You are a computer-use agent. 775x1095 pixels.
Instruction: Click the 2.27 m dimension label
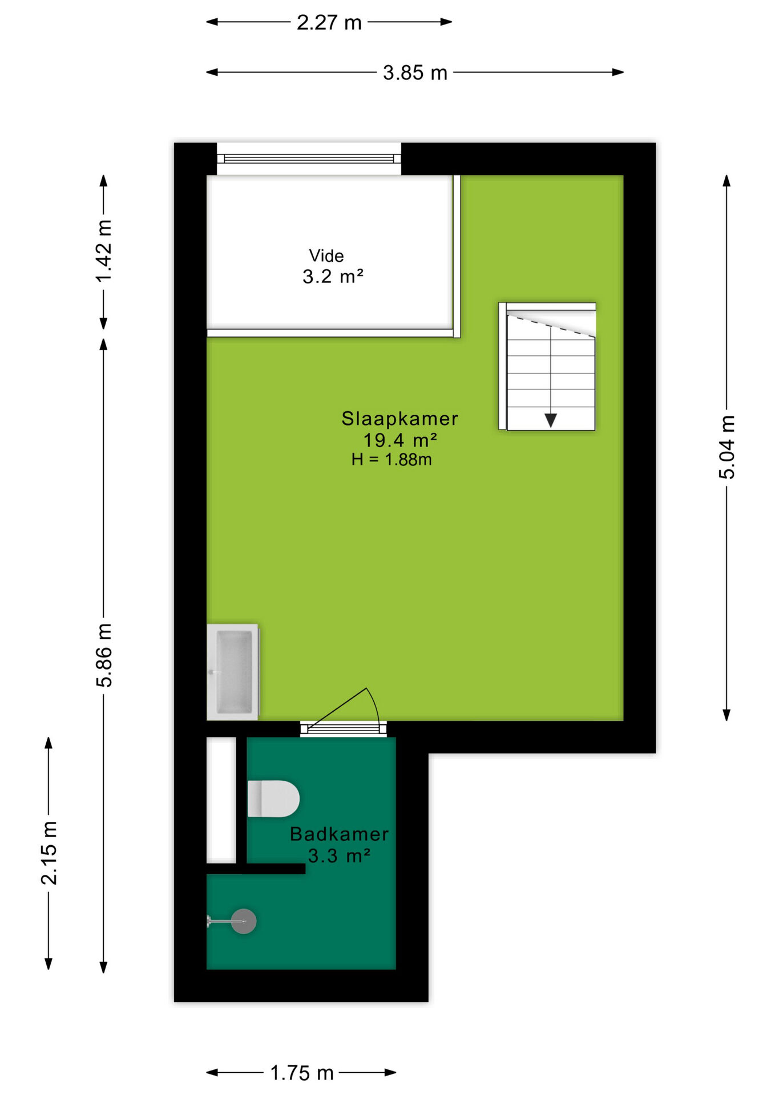(x=329, y=22)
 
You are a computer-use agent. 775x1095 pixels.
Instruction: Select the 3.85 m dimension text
(x=415, y=72)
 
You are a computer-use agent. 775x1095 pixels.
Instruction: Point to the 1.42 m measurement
(x=104, y=251)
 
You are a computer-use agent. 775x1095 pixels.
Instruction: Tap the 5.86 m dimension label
(x=104, y=655)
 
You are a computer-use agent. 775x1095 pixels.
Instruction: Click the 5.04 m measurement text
(x=726, y=447)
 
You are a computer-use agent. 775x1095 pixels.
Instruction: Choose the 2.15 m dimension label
(x=49, y=853)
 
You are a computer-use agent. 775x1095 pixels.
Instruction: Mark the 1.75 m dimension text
(x=301, y=1073)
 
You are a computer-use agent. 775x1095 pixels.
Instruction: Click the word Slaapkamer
(x=399, y=419)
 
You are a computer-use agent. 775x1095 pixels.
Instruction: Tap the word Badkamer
(x=339, y=834)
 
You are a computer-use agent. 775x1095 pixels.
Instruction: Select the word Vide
(x=326, y=255)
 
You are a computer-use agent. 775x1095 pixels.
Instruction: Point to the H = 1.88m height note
(x=391, y=459)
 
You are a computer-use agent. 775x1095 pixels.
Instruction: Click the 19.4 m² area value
(x=400, y=440)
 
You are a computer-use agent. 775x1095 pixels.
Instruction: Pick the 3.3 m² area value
(x=340, y=855)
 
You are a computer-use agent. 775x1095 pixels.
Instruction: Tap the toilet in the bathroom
(x=273, y=798)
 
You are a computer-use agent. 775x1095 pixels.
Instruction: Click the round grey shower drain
(x=244, y=921)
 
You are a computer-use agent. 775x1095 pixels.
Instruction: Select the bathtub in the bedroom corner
(x=233, y=672)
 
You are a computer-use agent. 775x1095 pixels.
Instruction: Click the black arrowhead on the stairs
(x=551, y=420)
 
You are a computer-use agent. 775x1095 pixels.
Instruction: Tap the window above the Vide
(x=309, y=159)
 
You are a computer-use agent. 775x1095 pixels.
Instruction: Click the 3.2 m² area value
(x=333, y=277)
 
